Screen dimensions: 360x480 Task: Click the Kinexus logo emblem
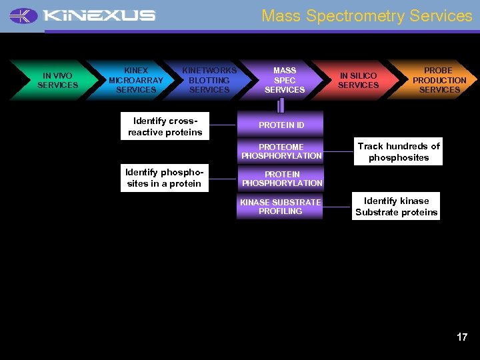[x=24, y=15]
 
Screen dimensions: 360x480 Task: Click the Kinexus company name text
[x=99, y=15]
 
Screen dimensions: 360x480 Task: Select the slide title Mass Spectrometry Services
[x=367, y=15]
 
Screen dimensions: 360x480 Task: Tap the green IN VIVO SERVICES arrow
[x=57, y=81]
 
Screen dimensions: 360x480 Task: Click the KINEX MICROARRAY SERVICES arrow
[x=135, y=80]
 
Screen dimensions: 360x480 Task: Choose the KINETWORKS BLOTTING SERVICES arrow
[x=209, y=80]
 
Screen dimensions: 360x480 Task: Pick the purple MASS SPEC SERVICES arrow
[x=285, y=80]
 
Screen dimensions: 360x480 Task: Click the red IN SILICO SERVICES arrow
[x=358, y=81]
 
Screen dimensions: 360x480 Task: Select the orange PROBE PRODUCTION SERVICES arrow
[x=439, y=80]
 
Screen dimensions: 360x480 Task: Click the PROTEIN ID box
[x=281, y=125]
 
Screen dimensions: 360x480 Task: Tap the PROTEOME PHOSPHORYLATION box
[x=281, y=151]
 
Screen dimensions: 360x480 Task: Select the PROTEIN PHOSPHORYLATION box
[x=281, y=179]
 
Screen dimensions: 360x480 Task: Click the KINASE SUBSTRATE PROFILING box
[x=280, y=207]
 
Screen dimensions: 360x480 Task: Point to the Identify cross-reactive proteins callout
[x=165, y=126]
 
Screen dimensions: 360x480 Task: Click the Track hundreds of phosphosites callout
[x=399, y=152]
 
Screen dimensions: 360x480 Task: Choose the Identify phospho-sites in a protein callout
[x=164, y=178]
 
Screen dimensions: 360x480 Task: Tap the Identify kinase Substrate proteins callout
[x=397, y=207]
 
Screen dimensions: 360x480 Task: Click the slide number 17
[x=462, y=337]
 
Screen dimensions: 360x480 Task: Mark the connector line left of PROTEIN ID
[x=222, y=125]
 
